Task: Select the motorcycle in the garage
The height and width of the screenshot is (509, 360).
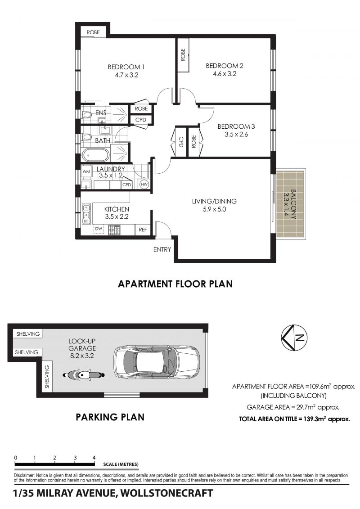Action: [x=84, y=375]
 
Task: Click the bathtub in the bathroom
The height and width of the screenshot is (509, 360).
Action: [x=95, y=155]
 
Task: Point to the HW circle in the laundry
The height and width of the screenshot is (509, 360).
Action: [x=144, y=185]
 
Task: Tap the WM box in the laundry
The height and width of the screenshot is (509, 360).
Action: [x=86, y=171]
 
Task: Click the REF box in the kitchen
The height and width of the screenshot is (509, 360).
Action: [x=143, y=230]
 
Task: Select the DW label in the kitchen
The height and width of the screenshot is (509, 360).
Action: [x=99, y=229]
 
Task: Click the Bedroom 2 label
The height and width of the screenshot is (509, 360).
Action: [x=224, y=66]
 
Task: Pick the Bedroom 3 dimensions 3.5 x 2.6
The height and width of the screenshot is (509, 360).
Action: [x=236, y=134]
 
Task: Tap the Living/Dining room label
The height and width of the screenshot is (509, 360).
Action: [x=214, y=201]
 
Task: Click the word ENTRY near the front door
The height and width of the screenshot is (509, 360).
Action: [x=162, y=249]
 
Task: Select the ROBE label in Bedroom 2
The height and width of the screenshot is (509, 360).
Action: [x=183, y=55]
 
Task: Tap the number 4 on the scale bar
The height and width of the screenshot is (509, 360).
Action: [x=94, y=458]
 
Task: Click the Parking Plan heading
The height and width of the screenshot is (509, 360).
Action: [x=110, y=417]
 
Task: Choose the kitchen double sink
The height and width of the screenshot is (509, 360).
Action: [x=86, y=214]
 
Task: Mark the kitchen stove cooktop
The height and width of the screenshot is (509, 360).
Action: [x=114, y=230]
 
